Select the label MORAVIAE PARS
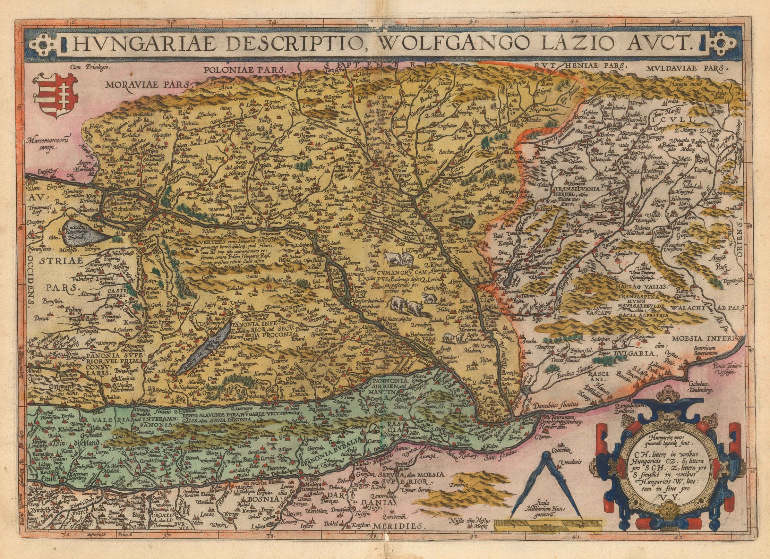click(148, 84)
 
